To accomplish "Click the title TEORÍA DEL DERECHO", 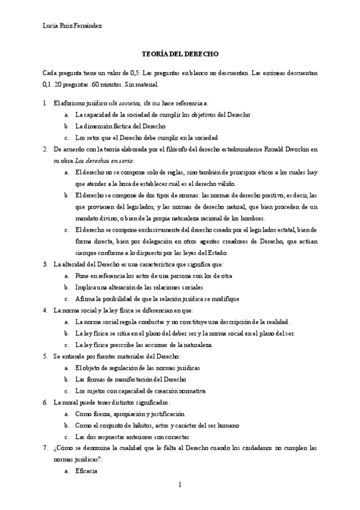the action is click(x=180, y=54).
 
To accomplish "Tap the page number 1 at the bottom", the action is click(x=180, y=484).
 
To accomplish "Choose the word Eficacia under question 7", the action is click(x=87, y=471).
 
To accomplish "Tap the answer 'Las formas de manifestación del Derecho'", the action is click(x=130, y=379).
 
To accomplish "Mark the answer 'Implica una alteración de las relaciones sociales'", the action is click(x=144, y=287).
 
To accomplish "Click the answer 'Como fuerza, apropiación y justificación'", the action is click(x=130, y=414).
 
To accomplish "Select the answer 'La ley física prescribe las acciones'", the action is click(x=144, y=345).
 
